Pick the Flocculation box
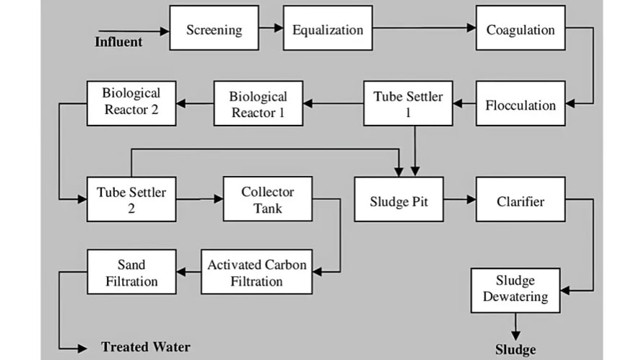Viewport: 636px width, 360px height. click(x=520, y=104)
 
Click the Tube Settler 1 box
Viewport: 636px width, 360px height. click(x=408, y=104)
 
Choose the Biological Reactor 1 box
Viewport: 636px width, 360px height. click(x=258, y=104)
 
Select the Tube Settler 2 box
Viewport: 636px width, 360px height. click(x=131, y=199)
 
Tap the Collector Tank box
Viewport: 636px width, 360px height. click(x=267, y=198)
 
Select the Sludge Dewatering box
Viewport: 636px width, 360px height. click(x=515, y=289)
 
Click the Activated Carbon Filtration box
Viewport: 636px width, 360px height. click(x=256, y=271)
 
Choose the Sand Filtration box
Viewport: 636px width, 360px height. click(x=131, y=271)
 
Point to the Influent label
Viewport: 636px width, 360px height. click(x=118, y=41)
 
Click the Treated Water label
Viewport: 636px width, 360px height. click(x=145, y=347)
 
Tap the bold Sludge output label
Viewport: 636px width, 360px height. click(x=515, y=350)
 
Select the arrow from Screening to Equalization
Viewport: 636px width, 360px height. click(x=271, y=28)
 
